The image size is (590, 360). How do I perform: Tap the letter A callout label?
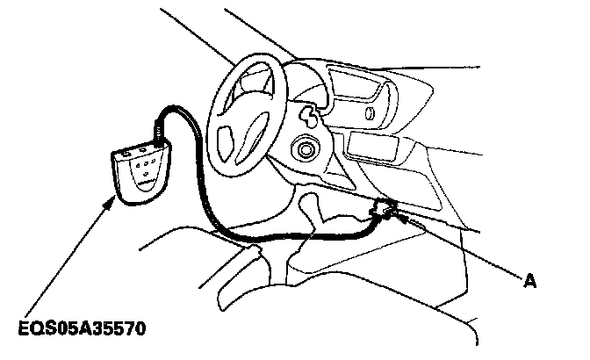tap(529, 282)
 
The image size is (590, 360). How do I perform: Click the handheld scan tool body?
tap(143, 175)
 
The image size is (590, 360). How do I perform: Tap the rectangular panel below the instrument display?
tap(374, 146)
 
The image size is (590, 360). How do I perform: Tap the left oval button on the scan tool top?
tap(126, 151)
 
